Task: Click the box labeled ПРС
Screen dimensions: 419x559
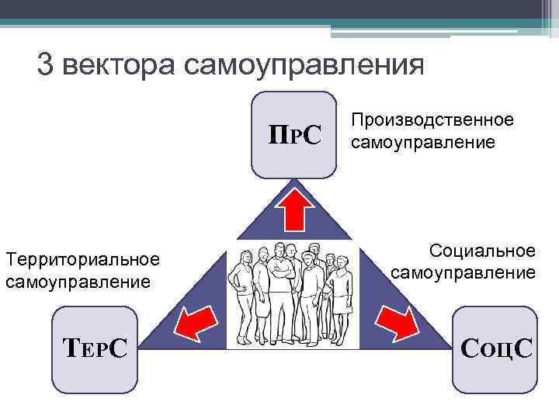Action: point(294,135)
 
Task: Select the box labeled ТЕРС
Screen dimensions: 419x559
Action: point(94,348)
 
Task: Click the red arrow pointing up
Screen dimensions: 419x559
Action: point(294,207)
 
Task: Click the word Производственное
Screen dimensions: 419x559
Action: point(432,120)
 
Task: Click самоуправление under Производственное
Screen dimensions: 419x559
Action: point(422,142)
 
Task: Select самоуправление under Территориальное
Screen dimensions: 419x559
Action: point(78,281)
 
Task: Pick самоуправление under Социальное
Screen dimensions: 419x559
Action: point(463,272)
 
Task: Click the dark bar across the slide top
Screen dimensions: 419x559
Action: point(279,9)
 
